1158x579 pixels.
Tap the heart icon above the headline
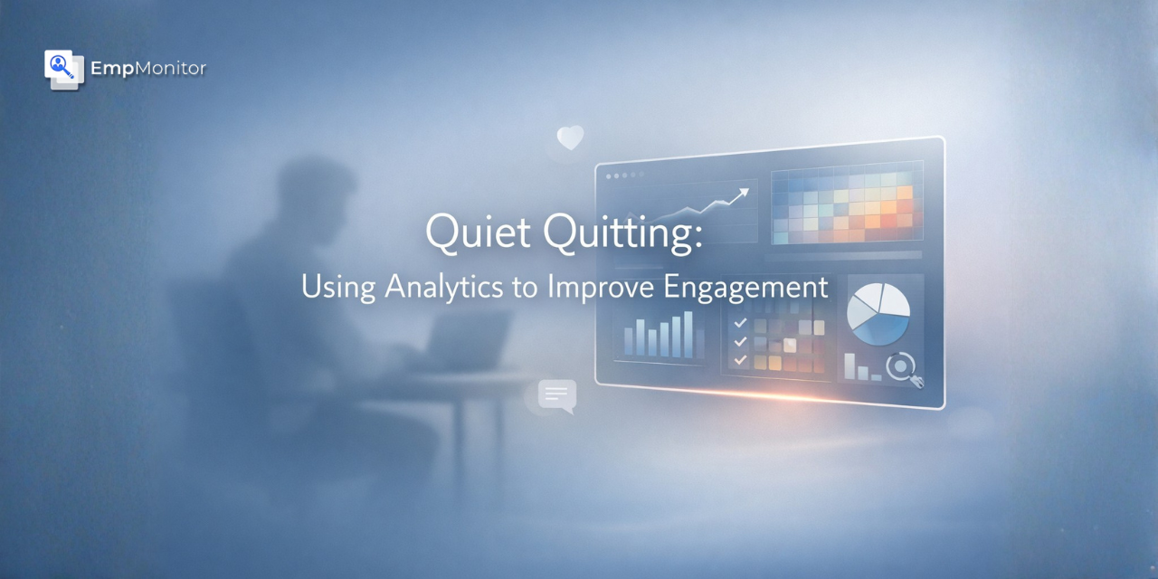[x=570, y=138]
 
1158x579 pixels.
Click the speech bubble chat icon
[x=556, y=395]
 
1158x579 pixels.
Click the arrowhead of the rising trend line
[x=745, y=192]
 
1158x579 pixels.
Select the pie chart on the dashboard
[x=878, y=313]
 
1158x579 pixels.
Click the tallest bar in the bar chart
[x=688, y=334]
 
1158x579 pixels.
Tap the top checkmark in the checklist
[x=741, y=322]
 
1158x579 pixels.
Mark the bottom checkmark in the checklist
[x=741, y=360]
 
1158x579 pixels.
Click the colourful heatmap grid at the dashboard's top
[x=846, y=204]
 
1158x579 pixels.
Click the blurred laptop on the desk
[x=471, y=339]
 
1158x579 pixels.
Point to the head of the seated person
[x=312, y=195]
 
